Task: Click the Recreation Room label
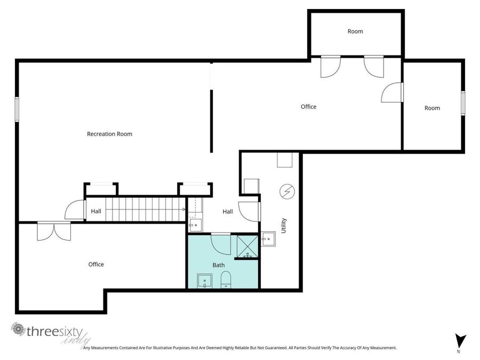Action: point(109,134)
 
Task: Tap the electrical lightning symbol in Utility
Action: point(287,190)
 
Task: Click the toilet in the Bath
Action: point(225,280)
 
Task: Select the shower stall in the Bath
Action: point(247,246)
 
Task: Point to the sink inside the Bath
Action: point(204,281)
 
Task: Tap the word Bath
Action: point(219,265)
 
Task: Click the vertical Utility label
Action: point(284,226)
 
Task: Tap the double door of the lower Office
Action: point(53,230)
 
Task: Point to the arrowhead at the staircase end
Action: point(184,210)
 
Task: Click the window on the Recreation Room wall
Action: point(17,108)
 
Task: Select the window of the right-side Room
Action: point(463,103)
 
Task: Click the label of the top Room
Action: point(355,31)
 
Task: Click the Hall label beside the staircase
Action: point(96,211)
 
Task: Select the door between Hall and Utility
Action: point(249,211)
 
